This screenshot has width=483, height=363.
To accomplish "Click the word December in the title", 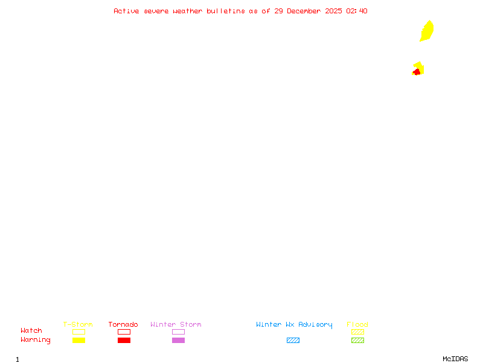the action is click(304, 11).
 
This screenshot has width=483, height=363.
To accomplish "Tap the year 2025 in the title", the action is click(333, 11).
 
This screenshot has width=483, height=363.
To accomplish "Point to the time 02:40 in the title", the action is click(357, 11).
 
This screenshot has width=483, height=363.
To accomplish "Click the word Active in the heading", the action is click(126, 11).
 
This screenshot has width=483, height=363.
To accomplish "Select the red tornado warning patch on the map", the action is click(417, 72).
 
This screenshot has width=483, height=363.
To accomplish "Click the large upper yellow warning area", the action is click(427, 31).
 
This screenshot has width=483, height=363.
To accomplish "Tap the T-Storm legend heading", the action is click(78, 324).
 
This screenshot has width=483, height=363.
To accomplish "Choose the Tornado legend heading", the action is click(123, 324).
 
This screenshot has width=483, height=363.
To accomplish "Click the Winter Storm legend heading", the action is click(176, 324).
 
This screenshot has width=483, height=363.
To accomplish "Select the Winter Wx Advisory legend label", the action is click(294, 325).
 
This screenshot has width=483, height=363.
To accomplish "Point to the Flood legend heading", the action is click(357, 324).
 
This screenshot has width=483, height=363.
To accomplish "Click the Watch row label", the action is click(31, 330).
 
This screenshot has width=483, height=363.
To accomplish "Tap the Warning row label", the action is click(36, 340).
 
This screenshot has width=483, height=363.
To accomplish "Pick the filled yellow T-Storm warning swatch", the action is click(79, 340).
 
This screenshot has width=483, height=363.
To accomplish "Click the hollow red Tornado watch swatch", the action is click(124, 332).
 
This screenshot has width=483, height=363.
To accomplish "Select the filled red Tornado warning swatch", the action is click(124, 340).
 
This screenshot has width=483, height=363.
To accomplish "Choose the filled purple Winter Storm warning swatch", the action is click(178, 340).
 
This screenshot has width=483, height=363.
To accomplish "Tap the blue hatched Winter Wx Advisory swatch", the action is click(293, 340).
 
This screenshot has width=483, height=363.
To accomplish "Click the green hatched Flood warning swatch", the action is click(357, 340).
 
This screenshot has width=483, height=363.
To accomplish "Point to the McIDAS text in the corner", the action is click(455, 359).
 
